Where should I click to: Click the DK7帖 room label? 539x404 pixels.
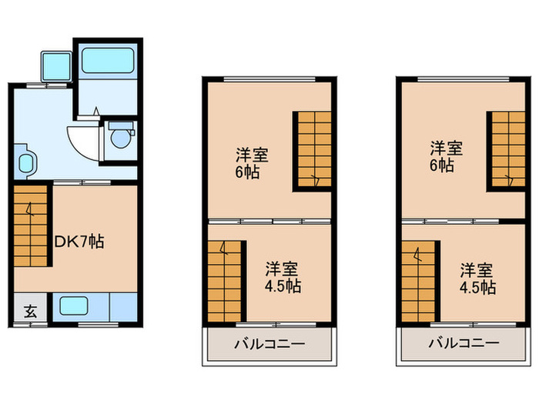click(x=79, y=242)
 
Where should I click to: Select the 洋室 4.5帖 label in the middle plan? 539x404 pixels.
click(x=283, y=277)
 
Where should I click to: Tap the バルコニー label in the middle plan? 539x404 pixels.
click(x=269, y=343)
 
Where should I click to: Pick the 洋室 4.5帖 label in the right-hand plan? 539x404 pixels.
click(x=477, y=279)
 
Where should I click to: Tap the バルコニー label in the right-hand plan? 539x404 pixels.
click(x=464, y=343)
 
